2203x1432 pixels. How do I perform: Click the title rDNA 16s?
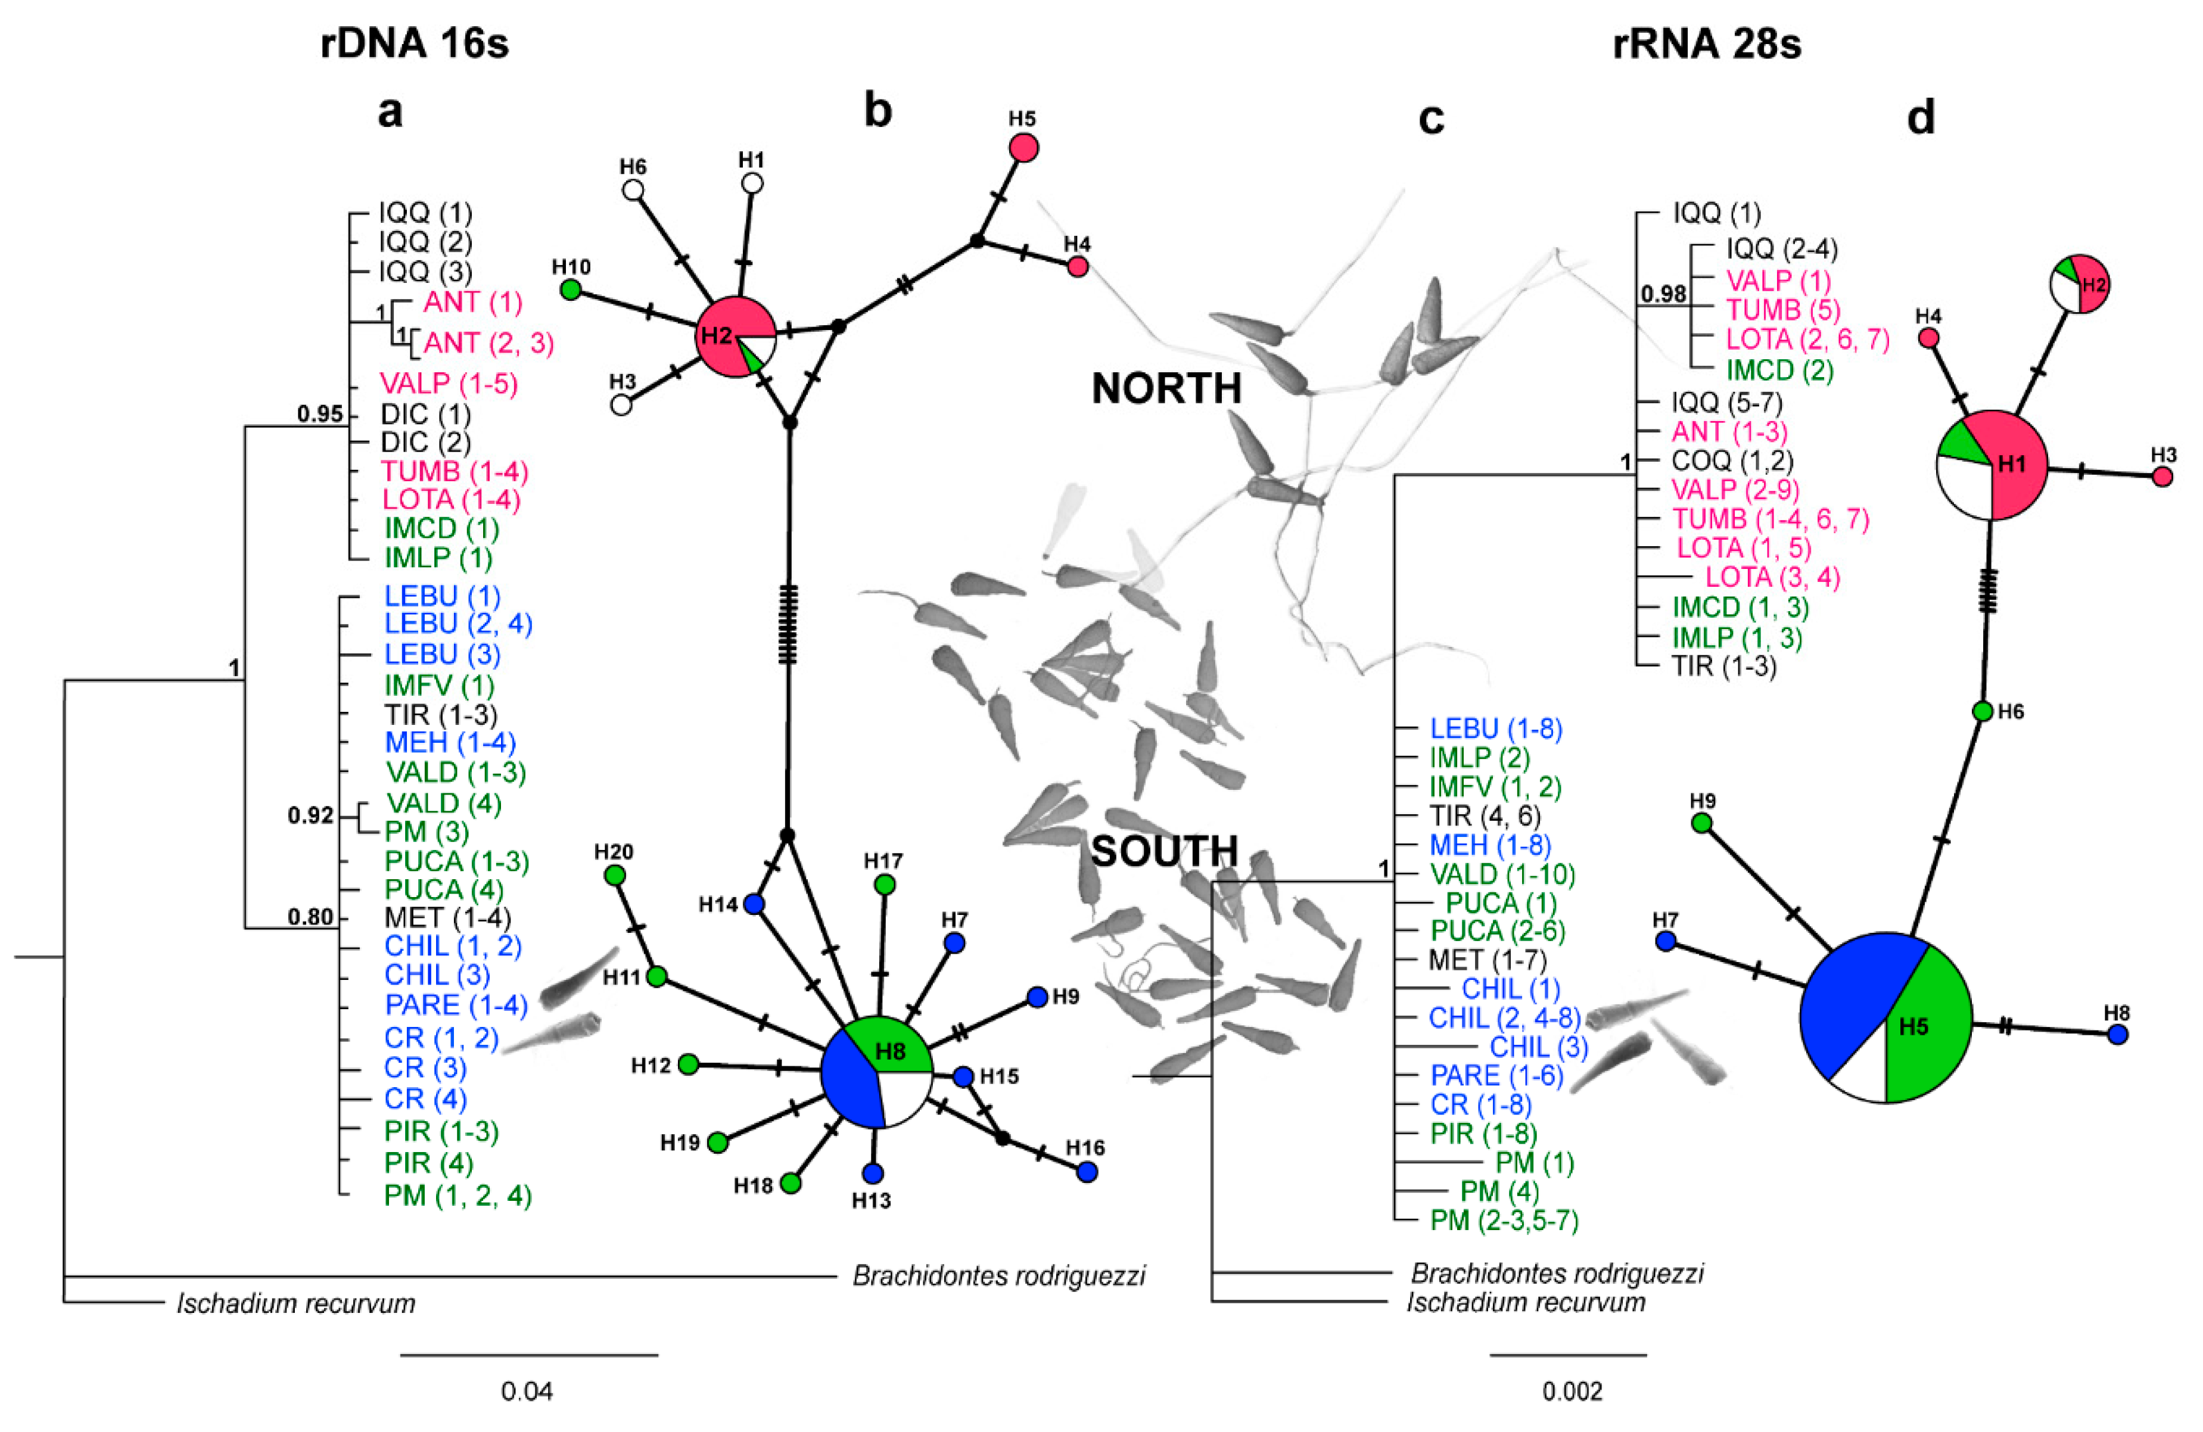point(414,43)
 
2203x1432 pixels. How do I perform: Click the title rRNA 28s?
point(1706,43)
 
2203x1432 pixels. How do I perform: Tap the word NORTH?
point(1166,389)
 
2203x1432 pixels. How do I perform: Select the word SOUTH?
point(1165,851)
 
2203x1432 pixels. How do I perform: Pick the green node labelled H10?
point(571,289)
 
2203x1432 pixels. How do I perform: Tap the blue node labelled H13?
point(873,1173)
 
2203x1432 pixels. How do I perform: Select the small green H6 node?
point(1982,711)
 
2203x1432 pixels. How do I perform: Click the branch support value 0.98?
point(1663,294)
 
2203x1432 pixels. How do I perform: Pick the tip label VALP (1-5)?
point(448,383)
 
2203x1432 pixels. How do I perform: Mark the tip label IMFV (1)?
point(438,686)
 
